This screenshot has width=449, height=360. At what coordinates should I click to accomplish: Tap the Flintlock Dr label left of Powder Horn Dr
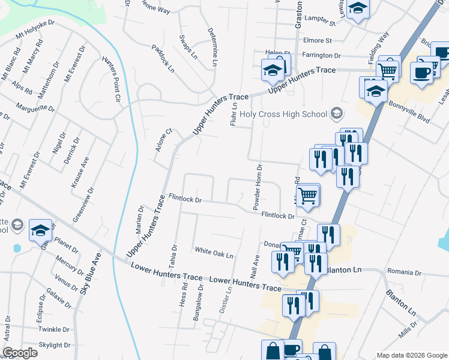(185, 197)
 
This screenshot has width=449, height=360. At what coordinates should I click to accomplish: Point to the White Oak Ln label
(213, 253)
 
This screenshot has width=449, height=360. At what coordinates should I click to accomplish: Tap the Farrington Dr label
(321, 55)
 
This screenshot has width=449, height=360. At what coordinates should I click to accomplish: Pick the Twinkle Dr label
(54, 329)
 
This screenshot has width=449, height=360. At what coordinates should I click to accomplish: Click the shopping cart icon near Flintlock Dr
(307, 194)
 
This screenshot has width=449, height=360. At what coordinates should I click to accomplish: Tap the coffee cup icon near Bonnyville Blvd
(421, 72)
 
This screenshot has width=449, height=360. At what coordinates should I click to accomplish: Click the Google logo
(20, 353)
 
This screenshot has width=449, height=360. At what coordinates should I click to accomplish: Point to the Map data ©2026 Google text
(411, 355)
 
